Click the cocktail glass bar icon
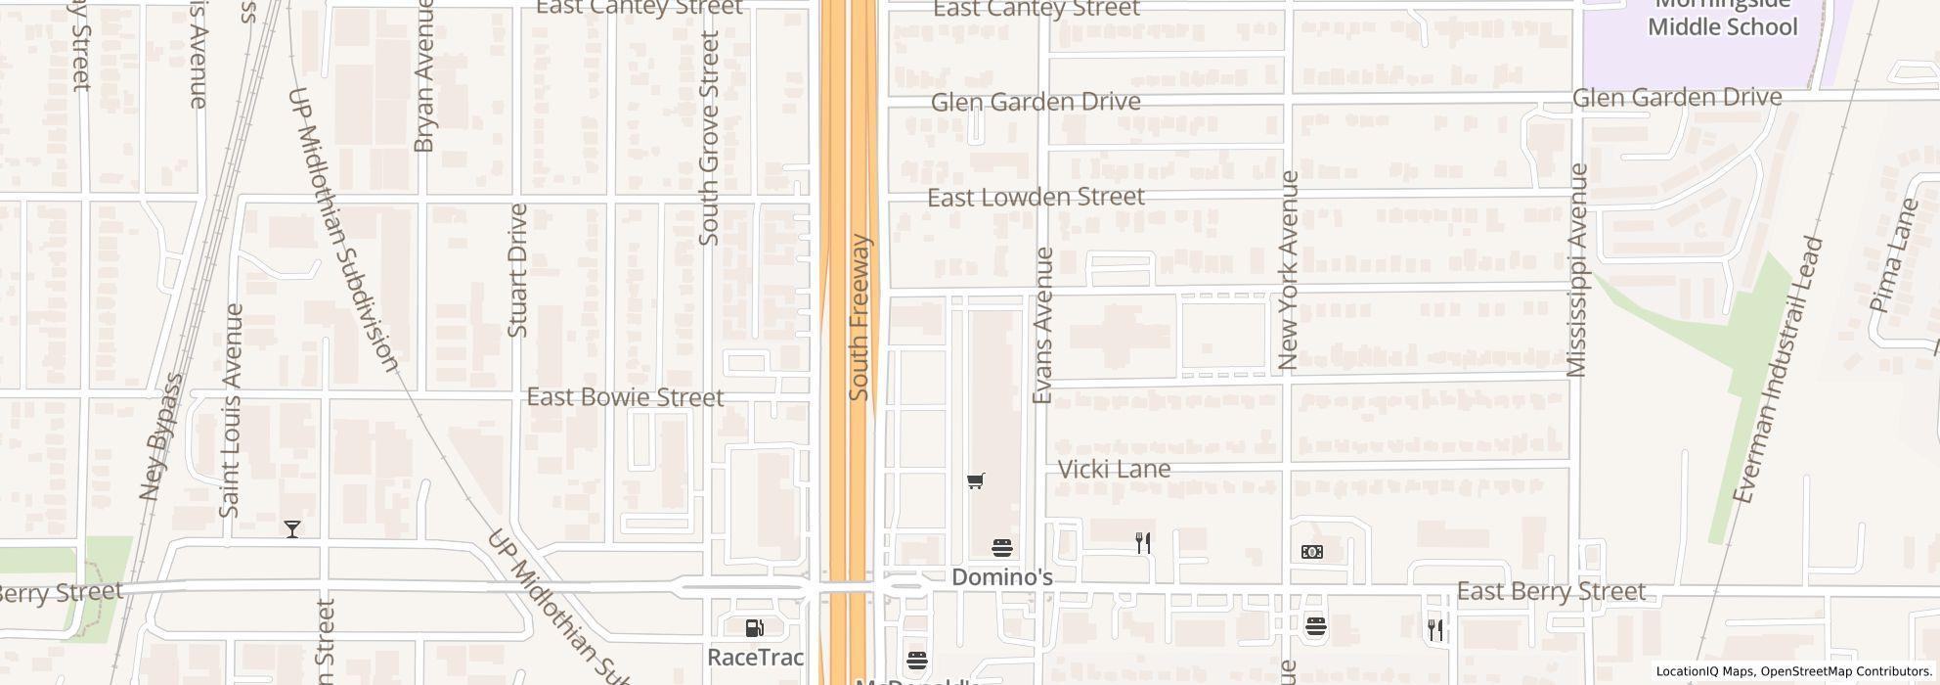291,529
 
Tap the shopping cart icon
975,480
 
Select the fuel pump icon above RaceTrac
754,627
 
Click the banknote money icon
1312,552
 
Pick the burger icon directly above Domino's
1001,547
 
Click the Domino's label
1001,577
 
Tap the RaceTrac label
755,657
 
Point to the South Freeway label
860,317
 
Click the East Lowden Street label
1036,198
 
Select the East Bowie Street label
625,397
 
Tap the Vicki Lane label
1114,470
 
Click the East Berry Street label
1551,592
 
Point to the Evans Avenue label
1042,325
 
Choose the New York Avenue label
1288,270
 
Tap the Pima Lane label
1894,256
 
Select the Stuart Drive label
518,270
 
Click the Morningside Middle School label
1722,17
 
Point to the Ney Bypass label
161,436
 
